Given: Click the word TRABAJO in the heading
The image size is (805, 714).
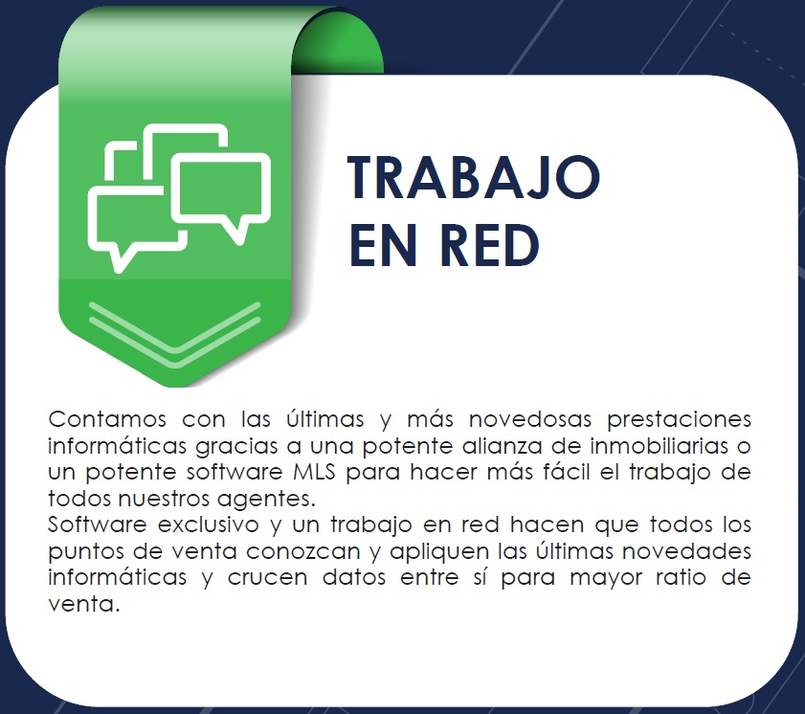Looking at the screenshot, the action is pos(474,177).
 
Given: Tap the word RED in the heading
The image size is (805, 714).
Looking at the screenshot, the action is pos(490,246).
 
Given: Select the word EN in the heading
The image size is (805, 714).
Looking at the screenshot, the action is pos(383,246).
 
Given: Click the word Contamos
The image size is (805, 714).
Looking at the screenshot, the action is pos(107,419).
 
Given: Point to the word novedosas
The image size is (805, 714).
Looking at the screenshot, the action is pos(530,419).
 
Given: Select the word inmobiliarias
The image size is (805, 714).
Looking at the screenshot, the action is pos(660,446).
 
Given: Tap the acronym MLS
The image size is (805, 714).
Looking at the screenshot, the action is pos(314,472).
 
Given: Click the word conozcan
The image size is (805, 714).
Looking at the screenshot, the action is pos(303,552).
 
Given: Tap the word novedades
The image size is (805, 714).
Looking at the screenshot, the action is pos(687,551).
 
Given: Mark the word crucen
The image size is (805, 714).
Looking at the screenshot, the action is pos(267,578).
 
